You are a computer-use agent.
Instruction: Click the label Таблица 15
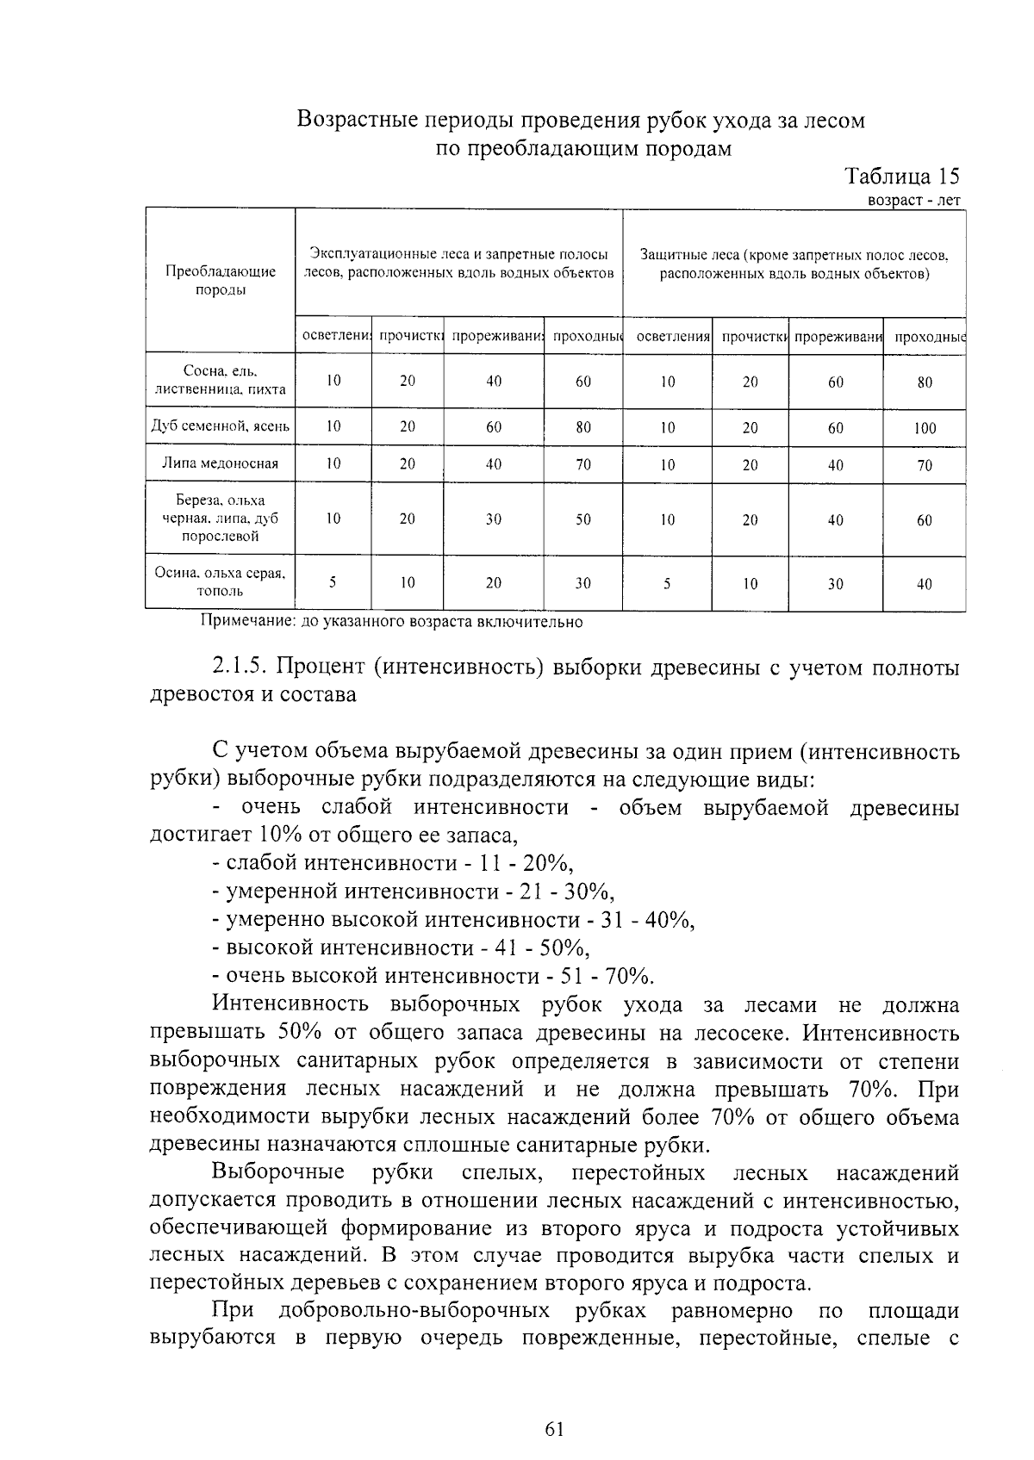(901, 177)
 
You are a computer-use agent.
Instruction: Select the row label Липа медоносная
(221, 463)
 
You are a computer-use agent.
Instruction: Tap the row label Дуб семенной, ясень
(221, 426)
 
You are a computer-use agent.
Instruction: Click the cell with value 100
(924, 428)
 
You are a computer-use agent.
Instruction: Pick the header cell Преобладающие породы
(221, 280)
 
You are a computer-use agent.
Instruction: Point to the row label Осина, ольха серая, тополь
(221, 581)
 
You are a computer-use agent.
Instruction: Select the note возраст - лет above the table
(914, 200)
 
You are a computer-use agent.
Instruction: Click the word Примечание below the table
(241, 621)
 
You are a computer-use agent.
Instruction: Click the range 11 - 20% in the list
(526, 864)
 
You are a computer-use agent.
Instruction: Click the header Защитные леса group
(794, 264)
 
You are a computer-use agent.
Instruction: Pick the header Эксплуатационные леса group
(459, 264)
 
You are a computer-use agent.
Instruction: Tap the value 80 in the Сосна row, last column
(924, 382)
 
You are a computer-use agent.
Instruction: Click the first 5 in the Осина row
(333, 582)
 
